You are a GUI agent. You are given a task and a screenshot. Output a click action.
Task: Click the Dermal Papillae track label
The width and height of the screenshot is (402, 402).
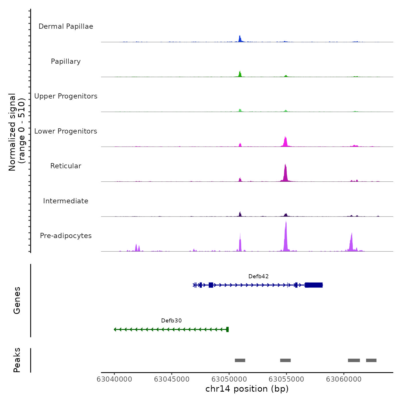pos(66,26)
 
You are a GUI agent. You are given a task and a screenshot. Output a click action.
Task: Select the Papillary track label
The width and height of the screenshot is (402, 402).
pos(66,61)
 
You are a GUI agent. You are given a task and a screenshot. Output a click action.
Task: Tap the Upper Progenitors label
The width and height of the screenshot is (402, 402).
pos(66,96)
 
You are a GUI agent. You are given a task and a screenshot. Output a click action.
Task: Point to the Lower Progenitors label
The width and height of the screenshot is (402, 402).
pos(66,131)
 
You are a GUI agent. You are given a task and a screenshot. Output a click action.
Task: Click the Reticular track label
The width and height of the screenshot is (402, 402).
pos(66,166)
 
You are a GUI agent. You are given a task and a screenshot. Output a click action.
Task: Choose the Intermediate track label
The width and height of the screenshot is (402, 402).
pos(66,201)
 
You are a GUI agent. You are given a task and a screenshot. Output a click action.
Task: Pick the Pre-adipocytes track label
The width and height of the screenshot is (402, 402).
pos(66,236)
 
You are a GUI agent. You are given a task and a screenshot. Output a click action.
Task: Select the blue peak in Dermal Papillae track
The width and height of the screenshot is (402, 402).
pos(240,39)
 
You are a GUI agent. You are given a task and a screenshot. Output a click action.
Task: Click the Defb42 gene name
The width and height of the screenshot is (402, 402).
pos(258,277)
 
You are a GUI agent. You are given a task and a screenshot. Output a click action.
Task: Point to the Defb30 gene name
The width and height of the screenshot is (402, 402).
pos(171,321)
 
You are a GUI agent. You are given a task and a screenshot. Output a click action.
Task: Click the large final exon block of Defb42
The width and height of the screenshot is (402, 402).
pos(314,285)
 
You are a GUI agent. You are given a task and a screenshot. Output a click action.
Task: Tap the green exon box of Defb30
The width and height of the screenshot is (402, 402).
pos(227,329)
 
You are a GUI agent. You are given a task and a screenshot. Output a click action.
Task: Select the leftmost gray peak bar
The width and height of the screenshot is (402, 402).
pos(240,360)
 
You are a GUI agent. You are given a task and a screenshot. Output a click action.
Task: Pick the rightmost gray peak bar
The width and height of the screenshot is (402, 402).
pos(371,360)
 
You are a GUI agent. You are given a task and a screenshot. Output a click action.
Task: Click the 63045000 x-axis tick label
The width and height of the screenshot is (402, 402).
pos(172,379)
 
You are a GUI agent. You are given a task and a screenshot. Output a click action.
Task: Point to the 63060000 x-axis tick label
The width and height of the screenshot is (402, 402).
pos(344,379)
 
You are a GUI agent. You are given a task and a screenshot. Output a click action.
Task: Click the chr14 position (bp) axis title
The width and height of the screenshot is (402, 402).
pos(247,389)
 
